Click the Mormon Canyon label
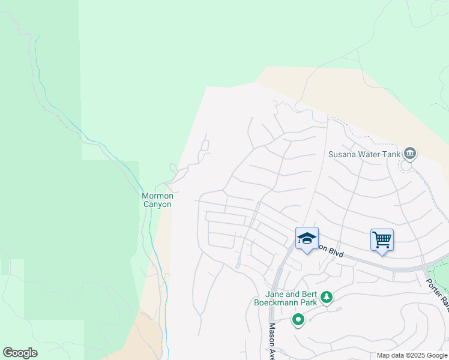(x=157, y=200)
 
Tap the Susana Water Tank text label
(x=363, y=154)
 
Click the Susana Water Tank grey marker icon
(x=410, y=154)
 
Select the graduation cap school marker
(x=307, y=239)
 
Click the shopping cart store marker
(x=382, y=241)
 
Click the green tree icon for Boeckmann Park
(x=327, y=297)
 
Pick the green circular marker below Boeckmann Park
(x=298, y=320)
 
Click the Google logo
(x=20, y=353)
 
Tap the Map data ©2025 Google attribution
(x=412, y=355)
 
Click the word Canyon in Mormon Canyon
(x=157, y=204)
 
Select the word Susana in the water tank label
(x=342, y=154)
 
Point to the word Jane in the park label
(x=276, y=294)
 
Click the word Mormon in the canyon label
(x=157, y=196)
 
